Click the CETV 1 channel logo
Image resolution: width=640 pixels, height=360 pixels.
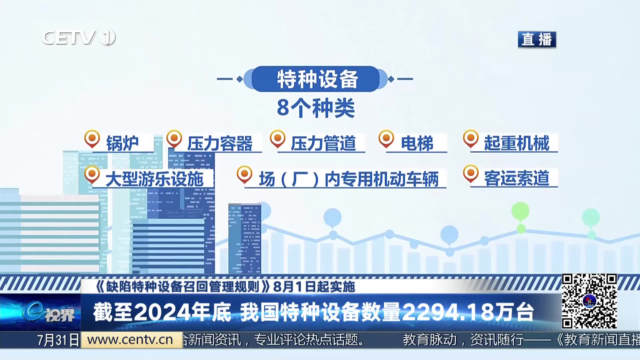pyautogui.click(x=78, y=37)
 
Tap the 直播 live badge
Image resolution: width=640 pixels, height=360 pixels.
pyautogui.click(x=537, y=39)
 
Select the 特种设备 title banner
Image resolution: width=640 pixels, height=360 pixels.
pyautogui.click(x=316, y=79)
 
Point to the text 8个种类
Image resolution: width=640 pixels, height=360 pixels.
pyautogui.click(x=316, y=108)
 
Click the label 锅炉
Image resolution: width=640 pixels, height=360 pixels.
pyautogui.click(x=122, y=143)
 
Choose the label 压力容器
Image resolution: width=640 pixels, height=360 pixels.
pyautogui.click(x=220, y=144)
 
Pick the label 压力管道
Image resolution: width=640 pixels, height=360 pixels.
pyautogui.click(x=323, y=144)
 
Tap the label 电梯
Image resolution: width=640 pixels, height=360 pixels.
pyautogui.click(x=417, y=144)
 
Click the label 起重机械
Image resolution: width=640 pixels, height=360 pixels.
pyautogui.click(x=517, y=143)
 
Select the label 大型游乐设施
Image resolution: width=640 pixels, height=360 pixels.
pyautogui.click(x=154, y=179)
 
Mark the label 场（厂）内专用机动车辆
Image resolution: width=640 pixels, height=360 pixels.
pyautogui.click(x=349, y=179)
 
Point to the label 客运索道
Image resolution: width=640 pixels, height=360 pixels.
pyautogui.click(x=517, y=178)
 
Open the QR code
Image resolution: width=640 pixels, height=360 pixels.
pyautogui.click(x=589, y=301)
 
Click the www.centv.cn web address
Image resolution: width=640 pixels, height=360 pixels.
pyautogui.click(x=130, y=340)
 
